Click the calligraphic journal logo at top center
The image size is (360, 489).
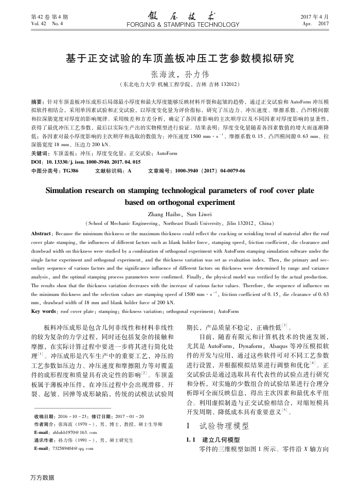[180, 15]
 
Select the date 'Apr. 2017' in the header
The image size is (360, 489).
[315, 24]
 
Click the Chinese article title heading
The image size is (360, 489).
[180, 57]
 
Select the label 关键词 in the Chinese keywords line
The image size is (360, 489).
[40, 153]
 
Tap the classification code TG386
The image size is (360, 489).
[71, 170]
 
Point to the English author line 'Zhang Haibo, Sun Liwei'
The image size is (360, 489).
[179, 214]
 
